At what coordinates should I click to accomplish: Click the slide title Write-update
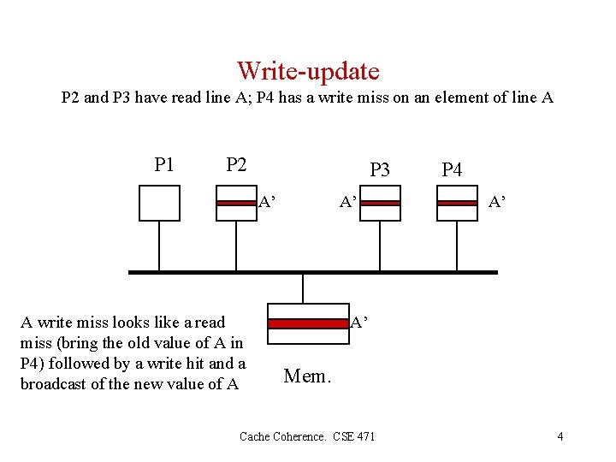click(308, 70)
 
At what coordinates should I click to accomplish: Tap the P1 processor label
click(164, 163)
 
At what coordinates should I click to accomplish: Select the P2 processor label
click(236, 163)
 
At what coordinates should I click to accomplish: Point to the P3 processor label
click(380, 169)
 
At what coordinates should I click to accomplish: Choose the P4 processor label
click(452, 169)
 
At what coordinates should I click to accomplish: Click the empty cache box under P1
click(159, 203)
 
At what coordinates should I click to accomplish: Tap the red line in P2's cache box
click(236, 203)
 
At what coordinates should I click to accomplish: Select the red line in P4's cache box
click(457, 203)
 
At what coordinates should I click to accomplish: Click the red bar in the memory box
click(308, 323)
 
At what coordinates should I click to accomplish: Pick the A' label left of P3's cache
click(348, 203)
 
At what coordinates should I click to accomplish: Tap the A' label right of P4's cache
click(495, 203)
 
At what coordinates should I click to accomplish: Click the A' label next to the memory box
click(359, 323)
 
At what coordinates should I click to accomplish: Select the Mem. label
click(306, 376)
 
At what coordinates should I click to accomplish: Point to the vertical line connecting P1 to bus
click(159, 246)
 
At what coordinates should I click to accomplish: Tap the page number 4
click(560, 436)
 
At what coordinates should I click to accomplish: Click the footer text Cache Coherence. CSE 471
click(307, 436)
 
